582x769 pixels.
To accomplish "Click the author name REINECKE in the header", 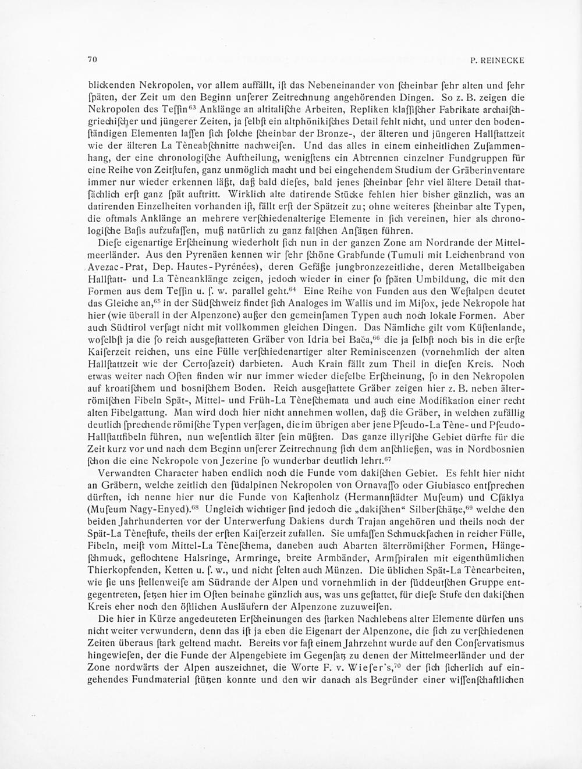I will click(x=505, y=59).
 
